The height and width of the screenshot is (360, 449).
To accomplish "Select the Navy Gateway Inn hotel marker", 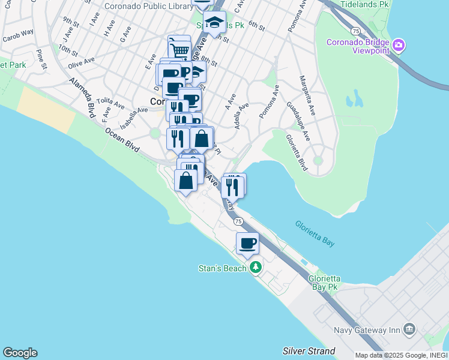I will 409,329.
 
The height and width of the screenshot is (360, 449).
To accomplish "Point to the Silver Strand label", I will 309,350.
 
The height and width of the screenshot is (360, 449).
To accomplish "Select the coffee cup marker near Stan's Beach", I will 247,244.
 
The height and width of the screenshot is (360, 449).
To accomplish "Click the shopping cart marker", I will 179,48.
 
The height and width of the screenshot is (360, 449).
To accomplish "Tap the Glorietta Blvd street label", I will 297,152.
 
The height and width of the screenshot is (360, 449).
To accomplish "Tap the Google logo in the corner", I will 20,353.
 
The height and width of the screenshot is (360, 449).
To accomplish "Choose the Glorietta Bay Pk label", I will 324,283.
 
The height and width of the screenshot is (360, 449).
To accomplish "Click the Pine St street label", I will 41,59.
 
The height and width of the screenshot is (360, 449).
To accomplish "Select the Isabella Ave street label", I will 133,118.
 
